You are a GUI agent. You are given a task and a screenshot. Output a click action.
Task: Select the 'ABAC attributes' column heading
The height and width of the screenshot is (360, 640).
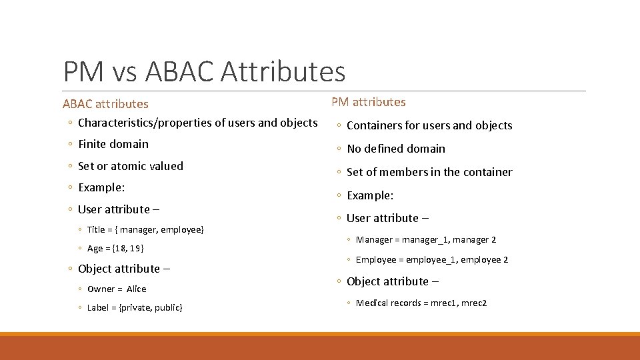105,104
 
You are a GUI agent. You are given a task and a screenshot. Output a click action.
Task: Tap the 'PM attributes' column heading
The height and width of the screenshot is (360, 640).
369,102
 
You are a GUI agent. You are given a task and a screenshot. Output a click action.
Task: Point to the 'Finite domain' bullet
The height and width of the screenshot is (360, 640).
113,144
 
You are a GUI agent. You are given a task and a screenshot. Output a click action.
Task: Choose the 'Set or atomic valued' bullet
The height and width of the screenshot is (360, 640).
130,166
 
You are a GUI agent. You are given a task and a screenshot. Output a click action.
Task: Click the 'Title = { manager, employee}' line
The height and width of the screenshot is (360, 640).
145,230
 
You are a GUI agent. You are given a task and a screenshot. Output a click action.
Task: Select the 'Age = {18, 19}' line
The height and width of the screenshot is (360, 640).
115,249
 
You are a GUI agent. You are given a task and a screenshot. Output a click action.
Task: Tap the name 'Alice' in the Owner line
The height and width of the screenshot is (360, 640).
136,289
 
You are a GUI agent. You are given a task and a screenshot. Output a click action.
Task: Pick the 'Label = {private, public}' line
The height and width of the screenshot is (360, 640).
135,307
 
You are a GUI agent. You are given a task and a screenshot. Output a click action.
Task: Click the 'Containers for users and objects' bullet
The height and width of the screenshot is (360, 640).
429,125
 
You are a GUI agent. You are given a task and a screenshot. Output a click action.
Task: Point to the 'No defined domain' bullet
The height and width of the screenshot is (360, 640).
395,149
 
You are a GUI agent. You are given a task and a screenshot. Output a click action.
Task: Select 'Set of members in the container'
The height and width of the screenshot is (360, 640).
429,172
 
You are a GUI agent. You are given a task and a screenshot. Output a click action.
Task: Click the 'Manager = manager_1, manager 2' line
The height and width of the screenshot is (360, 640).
425,240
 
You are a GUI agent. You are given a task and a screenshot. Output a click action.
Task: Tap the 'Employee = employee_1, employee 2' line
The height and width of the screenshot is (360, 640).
431,260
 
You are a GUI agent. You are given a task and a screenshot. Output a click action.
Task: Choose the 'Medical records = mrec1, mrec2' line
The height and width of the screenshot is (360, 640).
421,303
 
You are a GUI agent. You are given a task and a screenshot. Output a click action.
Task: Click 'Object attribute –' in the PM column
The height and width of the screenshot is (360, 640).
392,281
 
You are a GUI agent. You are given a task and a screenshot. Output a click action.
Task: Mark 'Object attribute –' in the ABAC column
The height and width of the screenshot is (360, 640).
123,269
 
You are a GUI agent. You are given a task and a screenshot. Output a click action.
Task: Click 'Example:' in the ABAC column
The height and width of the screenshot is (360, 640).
101,187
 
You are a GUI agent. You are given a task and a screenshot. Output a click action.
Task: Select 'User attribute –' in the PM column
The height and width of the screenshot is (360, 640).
387,218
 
